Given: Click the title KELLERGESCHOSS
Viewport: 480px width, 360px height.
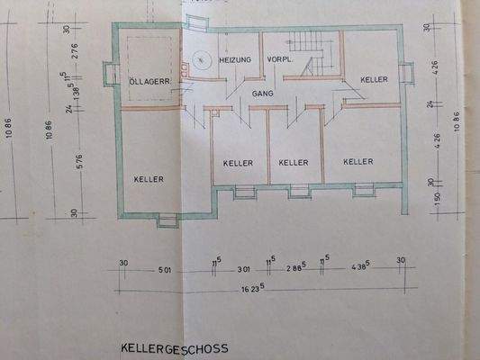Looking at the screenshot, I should [x=175, y=347].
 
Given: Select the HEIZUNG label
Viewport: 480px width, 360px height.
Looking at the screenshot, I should [x=236, y=59].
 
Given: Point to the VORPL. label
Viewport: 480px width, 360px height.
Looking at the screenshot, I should [x=281, y=59].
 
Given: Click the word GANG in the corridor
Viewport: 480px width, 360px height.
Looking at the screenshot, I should [x=263, y=93].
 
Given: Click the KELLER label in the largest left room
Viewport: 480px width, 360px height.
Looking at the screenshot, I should [x=149, y=179].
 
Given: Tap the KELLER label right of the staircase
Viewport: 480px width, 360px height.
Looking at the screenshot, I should [x=374, y=79].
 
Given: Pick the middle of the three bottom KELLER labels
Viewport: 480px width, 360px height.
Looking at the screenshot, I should [x=294, y=162].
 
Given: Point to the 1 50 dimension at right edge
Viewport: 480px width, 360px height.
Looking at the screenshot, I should [x=437, y=198].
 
